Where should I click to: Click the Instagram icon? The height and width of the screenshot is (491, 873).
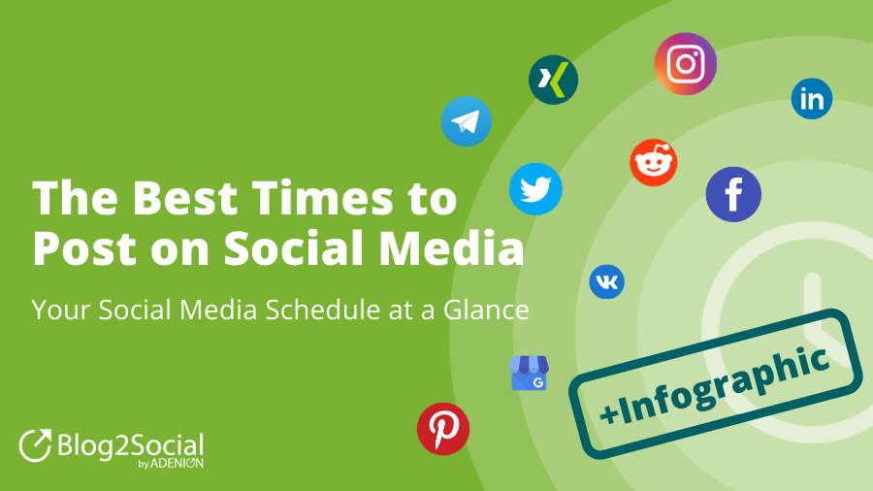(686, 63)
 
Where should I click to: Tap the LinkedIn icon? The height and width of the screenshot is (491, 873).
(812, 99)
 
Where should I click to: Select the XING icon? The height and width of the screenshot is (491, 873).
(554, 80)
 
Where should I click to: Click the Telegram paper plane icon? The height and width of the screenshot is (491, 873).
(467, 121)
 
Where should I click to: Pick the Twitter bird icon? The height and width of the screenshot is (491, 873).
(535, 189)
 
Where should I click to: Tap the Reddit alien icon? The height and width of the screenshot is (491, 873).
(654, 162)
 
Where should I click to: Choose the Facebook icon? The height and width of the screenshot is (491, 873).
(733, 194)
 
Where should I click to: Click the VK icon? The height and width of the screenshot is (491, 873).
(607, 281)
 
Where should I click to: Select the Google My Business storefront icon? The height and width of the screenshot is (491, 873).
(529, 373)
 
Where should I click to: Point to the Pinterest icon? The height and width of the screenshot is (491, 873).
(443, 429)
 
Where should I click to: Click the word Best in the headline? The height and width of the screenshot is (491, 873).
(185, 198)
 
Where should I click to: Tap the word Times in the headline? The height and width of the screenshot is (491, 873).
(323, 198)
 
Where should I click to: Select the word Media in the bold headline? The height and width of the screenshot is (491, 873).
(451, 247)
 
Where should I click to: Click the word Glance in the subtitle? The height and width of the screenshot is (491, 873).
(486, 310)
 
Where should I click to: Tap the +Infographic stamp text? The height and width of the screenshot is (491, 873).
(715, 384)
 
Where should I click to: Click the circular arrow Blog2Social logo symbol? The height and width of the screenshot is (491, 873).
(35, 445)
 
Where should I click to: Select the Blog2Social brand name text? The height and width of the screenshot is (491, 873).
(130, 446)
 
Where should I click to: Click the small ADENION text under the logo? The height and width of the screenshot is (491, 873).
(177, 463)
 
